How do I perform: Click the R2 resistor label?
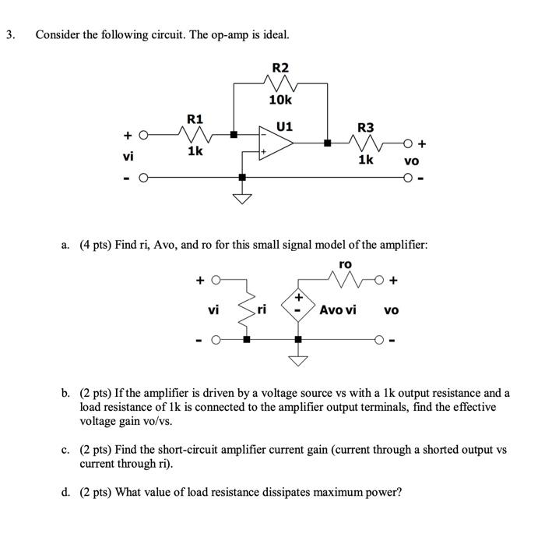pyautogui.click(x=279, y=68)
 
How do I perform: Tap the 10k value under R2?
pyautogui.click(x=280, y=100)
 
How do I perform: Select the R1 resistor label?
pyautogui.click(x=195, y=119)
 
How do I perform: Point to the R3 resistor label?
pyautogui.click(x=364, y=127)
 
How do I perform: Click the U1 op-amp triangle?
pyautogui.click(x=277, y=143)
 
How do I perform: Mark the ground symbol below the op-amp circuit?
pyautogui.click(x=243, y=198)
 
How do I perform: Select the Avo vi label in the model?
pyautogui.click(x=338, y=309)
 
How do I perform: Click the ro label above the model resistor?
pyautogui.click(x=346, y=264)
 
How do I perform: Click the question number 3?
pyautogui.click(x=9, y=35)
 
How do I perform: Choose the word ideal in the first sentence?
pyautogui.click(x=273, y=35)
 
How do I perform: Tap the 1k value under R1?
pyautogui.click(x=195, y=151)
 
